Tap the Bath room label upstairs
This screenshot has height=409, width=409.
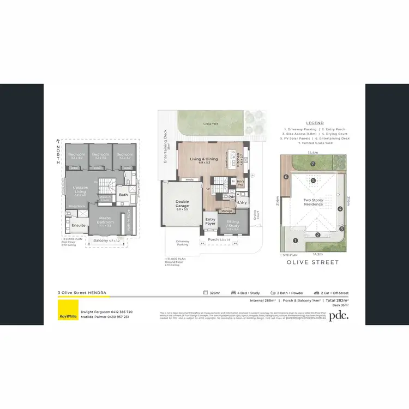coord(123,194)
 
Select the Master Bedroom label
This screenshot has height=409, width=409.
coord(106,220)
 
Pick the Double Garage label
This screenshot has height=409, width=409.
coord(182,205)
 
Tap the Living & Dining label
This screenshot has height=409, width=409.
coord(204,160)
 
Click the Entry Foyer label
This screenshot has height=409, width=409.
coord(210,221)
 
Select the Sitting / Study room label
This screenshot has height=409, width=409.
coord(232,222)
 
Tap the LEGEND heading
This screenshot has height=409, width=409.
coord(315,123)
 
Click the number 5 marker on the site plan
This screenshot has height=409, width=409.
coord(313,180)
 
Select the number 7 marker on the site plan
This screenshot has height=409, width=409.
coord(313,164)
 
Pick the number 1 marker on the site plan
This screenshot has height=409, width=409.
coord(295,240)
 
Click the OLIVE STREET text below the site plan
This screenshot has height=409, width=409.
coord(313,262)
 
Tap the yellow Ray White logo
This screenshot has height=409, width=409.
coord(68,315)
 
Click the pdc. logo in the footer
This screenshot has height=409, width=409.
coord(341,315)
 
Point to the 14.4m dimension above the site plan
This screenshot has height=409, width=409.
coord(313,153)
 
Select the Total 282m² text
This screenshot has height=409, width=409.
coord(336,300)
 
